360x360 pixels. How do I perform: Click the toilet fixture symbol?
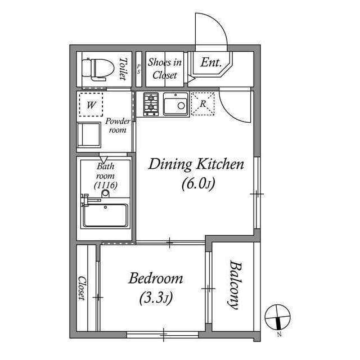pos(98,69)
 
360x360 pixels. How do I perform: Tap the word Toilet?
pos(123,69)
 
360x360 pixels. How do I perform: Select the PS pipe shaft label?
pos(139,69)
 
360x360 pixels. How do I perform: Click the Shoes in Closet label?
pos(165,69)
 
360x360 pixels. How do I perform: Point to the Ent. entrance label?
pos(211,62)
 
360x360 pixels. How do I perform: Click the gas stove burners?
pos(151,104)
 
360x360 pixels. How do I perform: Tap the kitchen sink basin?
pos(175,104)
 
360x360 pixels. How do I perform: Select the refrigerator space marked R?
pos(202,103)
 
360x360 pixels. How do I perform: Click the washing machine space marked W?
pos(91,105)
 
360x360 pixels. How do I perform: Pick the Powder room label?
pos(118,125)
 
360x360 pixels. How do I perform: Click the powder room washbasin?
pos(89,135)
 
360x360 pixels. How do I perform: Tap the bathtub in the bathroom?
pos(105,215)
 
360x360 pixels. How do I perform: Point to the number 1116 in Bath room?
pos(106,185)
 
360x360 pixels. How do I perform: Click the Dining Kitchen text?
pos(196,164)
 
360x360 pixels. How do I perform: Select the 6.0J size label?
pos(199,184)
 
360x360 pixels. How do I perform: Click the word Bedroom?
pos(156,278)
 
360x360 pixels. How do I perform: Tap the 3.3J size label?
pos(156,298)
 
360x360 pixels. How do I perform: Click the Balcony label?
pos(236,285)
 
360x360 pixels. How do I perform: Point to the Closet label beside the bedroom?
pos(82,288)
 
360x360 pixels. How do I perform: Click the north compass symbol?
pos(277,317)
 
